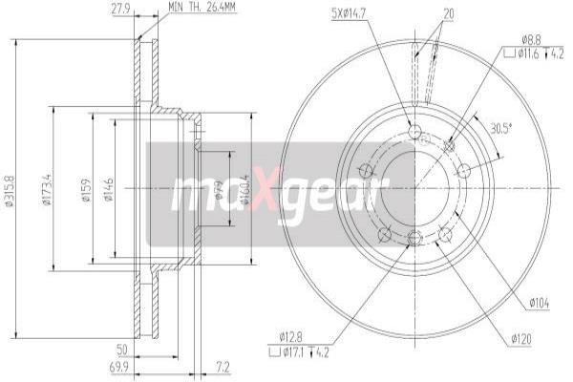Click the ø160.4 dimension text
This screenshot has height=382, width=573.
(247, 188)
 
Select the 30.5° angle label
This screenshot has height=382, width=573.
(499, 128)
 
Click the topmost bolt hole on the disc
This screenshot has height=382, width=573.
(414, 131)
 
